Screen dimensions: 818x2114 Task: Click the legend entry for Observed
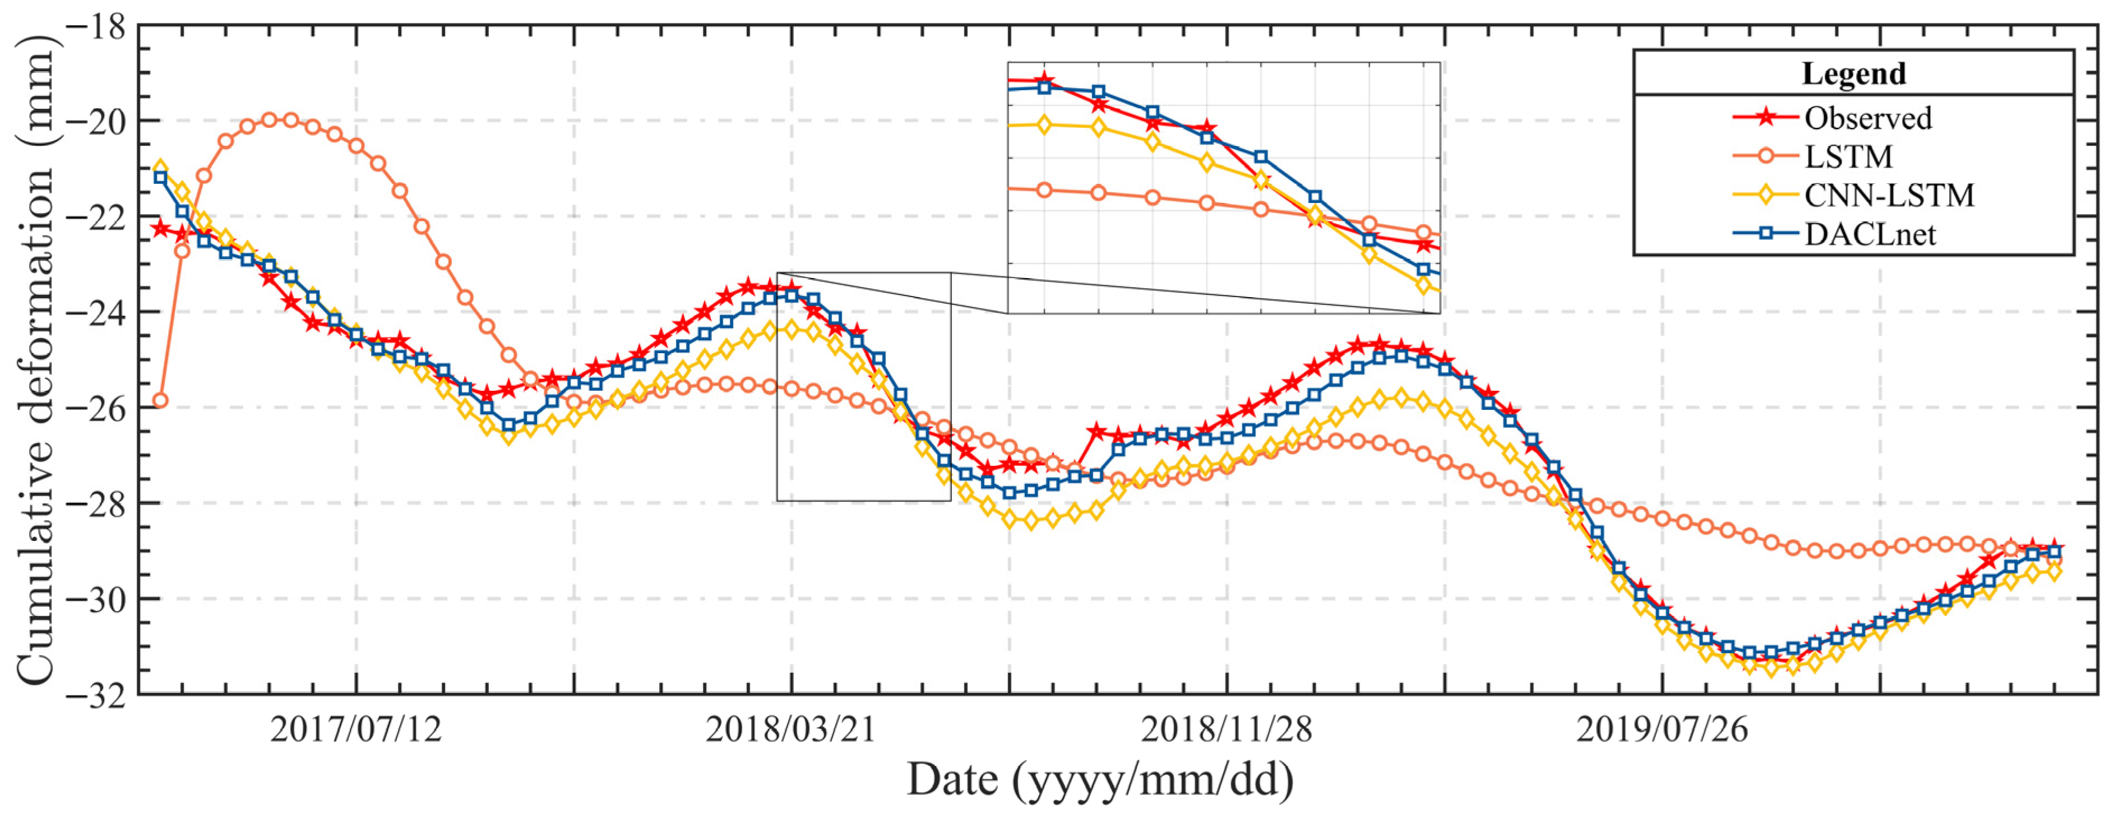click(x=1867, y=118)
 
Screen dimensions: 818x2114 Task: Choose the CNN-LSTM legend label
click(x=1888, y=195)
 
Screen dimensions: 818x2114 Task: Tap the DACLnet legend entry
click(x=1870, y=235)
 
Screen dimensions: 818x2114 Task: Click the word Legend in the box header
click(x=1853, y=74)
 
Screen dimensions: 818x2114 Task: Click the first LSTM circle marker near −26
click(x=160, y=400)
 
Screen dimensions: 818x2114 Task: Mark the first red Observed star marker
click(x=160, y=228)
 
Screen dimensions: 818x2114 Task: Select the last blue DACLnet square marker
click(x=2054, y=552)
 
